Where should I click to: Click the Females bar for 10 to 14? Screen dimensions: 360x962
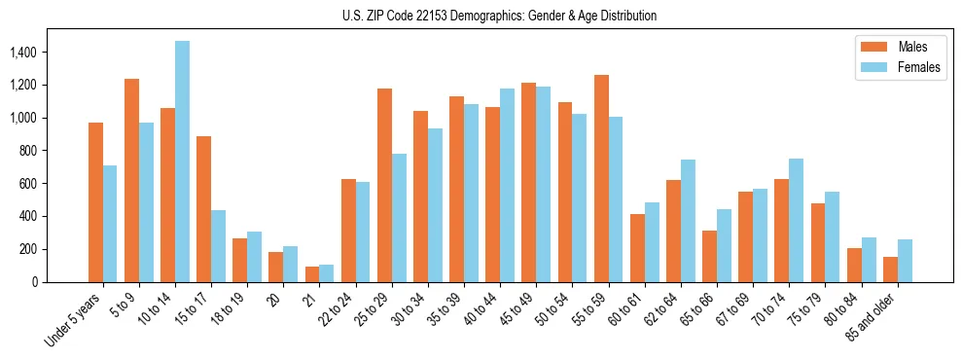click(183, 162)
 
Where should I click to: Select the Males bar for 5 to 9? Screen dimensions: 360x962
click(131, 180)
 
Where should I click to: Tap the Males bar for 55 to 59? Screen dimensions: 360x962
click(601, 178)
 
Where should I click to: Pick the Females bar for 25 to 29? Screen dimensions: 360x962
click(399, 218)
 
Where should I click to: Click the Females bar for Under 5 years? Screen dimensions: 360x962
click(110, 224)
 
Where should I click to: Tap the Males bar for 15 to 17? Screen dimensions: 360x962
click(203, 209)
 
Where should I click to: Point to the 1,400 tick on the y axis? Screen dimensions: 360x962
click(53, 52)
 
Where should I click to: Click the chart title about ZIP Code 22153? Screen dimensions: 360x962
click(499, 16)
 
